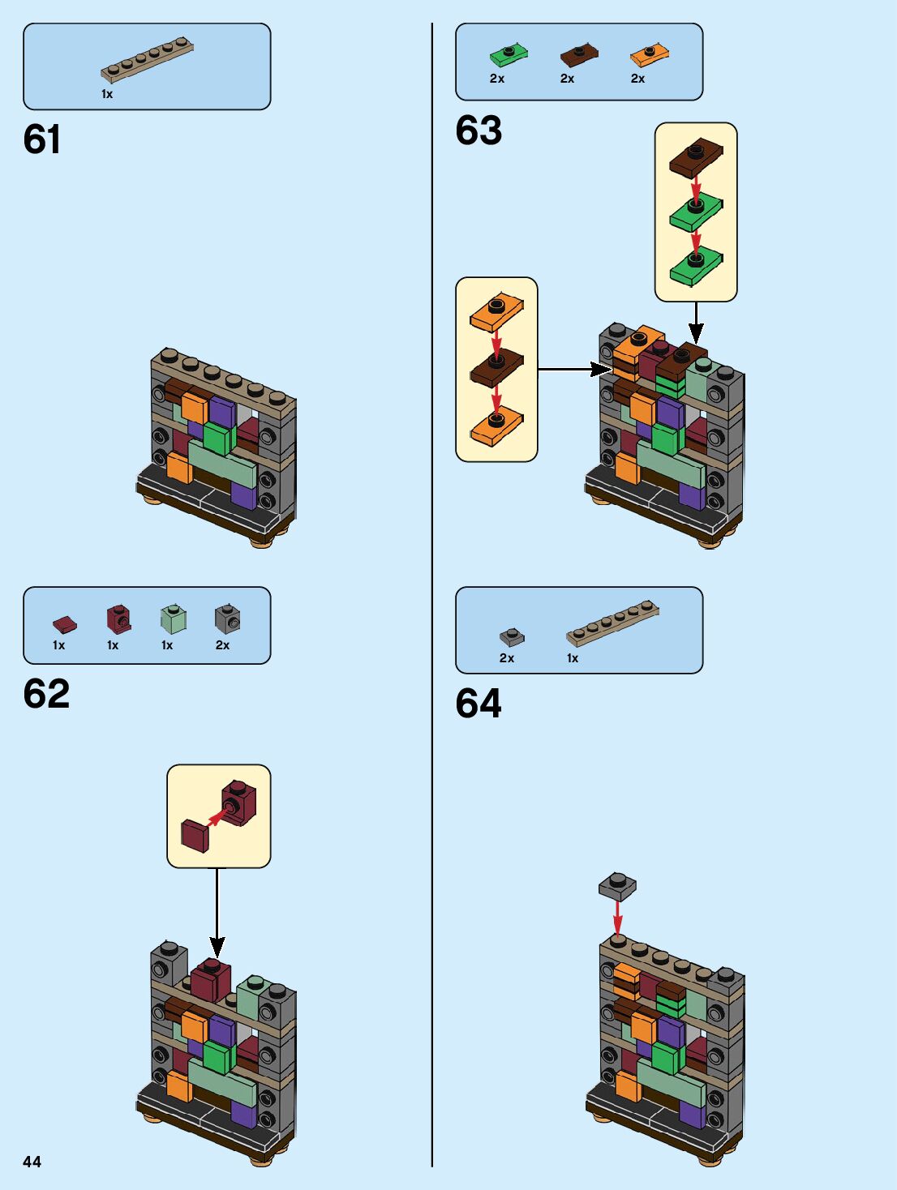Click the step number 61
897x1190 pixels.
click(x=42, y=139)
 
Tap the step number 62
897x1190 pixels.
click(x=46, y=694)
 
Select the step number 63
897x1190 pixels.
click(x=479, y=130)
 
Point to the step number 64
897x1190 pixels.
click(x=479, y=703)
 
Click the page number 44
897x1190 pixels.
click(x=32, y=1162)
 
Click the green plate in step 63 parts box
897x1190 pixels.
click(x=509, y=56)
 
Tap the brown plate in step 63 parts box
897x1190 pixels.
click(x=579, y=56)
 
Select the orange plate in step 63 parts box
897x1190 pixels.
click(x=649, y=56)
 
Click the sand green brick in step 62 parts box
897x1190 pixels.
click(x=174, y=620)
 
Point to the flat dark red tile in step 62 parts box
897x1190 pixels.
click(x=64, y=624)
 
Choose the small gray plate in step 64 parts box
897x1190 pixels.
click(x=512, y=637)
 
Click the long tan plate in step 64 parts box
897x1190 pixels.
click(x=612, y=623)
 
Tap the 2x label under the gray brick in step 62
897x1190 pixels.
click(x=222, y=645)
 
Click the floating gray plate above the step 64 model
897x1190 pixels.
click(x=617, y=886)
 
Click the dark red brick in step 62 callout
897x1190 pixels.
click(x=238, y=802)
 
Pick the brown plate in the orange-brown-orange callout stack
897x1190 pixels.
click(x=497, y=370)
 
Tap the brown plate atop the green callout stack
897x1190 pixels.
click(x=696, y=157)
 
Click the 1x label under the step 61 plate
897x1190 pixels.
click(x=107, y=94)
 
